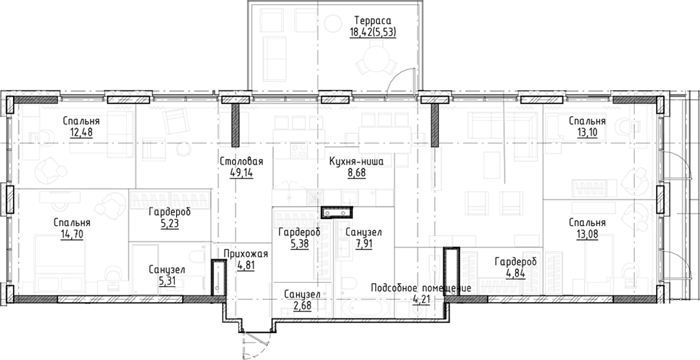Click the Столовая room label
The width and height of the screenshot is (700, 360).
click(241, 161)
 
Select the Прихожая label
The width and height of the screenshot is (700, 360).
click(246, 254)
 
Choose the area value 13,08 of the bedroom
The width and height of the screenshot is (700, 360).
click(586, 233)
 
